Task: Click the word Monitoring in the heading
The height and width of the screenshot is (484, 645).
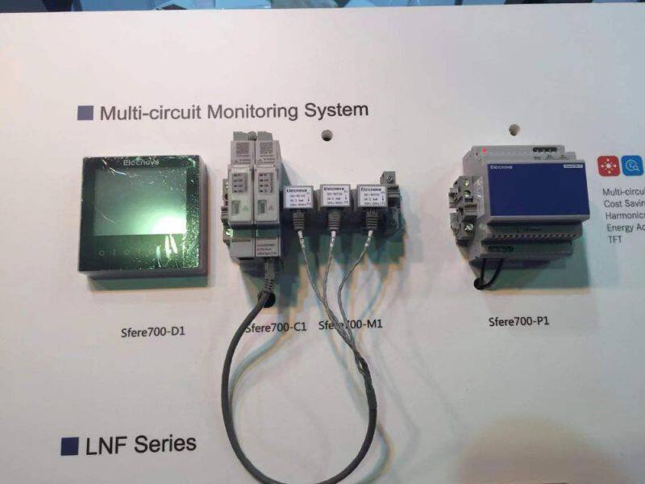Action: pos(251,111)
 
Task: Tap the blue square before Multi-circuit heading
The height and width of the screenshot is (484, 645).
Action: pos(85,112)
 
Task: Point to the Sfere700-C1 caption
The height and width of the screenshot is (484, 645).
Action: pos(275,325)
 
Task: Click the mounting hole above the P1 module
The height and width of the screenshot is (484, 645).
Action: pos(512,128)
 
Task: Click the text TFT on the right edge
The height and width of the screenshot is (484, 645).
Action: pos(615,240)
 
